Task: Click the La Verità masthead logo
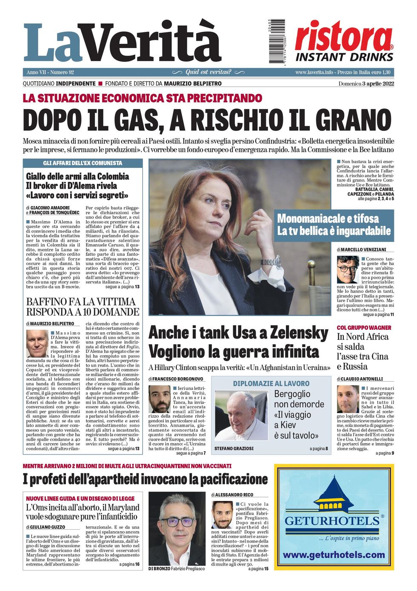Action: click(x=123, y=42)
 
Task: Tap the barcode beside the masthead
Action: click(x=277, y=41)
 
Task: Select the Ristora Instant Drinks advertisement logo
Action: click(x=344, y=41)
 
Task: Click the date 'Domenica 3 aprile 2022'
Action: click(x=366, y=84)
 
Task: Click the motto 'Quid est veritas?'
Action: click(x=208, y=72)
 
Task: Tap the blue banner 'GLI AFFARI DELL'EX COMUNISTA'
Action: click(x=83, y=163)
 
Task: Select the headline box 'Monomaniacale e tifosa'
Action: click(x=334, y=225)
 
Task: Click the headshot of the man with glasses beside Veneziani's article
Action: click(x=348, y=269)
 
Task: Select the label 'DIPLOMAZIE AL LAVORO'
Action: click(x=271, y=383)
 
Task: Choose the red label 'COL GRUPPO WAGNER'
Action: click(x=364, y=328)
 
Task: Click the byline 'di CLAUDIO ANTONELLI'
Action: click(x=360, y=379)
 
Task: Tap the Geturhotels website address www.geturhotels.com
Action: click(x=334, y=555)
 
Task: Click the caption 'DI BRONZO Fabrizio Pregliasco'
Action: click(x=177, y=568)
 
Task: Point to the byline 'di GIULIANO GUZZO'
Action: click(x=46, y=527)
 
